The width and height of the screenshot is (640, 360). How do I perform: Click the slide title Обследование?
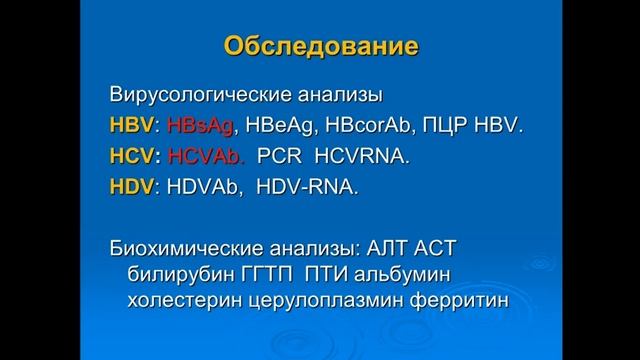(x=320, y=46)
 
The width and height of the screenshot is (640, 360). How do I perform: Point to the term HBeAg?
(x=289, y=127)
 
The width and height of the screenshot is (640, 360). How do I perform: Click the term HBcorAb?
(x=384, y=127)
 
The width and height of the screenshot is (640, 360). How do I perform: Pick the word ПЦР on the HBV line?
(x=464, y=127)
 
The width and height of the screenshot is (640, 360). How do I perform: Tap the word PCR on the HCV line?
(x=283, y=157)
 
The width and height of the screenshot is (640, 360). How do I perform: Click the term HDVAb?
(x=209, y=187)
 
